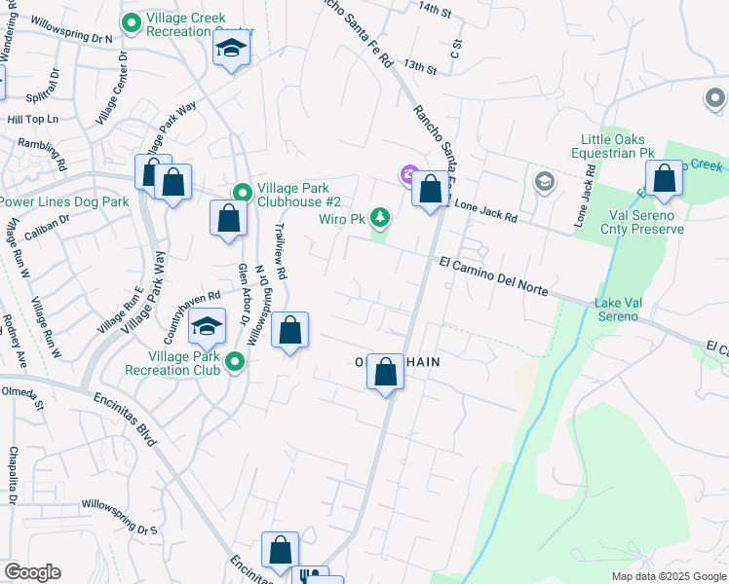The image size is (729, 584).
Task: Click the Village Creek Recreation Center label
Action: point(199,24)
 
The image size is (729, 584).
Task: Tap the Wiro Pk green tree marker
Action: point(381,218)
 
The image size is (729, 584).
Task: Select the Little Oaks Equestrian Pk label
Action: point(617,146)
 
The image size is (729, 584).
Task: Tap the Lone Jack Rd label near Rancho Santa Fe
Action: point(482,206)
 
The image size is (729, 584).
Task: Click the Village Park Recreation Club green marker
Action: point(234,363)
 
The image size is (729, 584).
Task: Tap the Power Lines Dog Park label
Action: point(64,201)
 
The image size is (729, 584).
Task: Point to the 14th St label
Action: point(436,11)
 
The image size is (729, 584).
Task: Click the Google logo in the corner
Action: point(32,571)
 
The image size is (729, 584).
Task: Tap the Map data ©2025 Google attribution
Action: point(668,576)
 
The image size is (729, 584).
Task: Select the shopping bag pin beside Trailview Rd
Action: point(289,331)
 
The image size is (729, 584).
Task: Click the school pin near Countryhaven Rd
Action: point(207,328)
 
